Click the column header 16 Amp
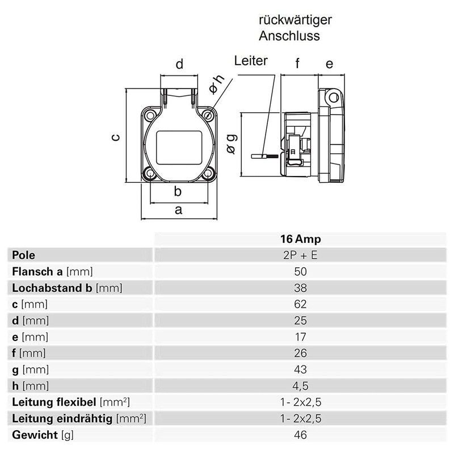click(x=300, y=239)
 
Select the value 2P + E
click(x=300, y=255)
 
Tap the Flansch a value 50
click(x=300, y=271)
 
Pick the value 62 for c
click(x=300, y=304)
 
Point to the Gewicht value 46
click(x=300, y=435)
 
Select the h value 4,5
click(x=300, y=386)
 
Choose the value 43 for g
click(x=300, y=369)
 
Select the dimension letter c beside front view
click(x=115, y=137)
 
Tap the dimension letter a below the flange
click(x=178, y=210)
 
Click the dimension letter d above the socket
click(x=179, y=65)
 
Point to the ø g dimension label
click(x=231, y=143)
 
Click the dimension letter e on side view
click(x=329, y=64)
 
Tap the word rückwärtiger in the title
click(x=295, y=20)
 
